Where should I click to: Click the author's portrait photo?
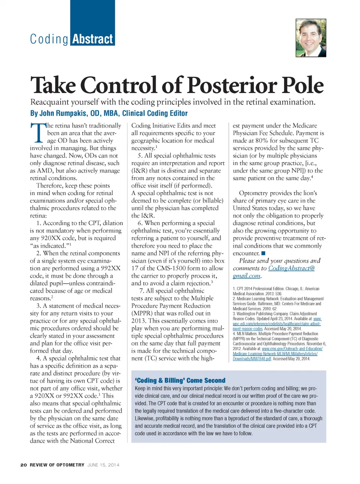click(310, 38)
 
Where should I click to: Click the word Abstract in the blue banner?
click(93, 39)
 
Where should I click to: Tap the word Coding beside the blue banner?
click(49, 39)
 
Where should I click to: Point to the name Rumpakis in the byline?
click(73, 113)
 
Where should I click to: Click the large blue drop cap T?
click(38, 133)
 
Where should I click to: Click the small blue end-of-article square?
click(263, 253)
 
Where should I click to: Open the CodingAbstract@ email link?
click(291, 268)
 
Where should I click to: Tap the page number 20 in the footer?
click(24, 465)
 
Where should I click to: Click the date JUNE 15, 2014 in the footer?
click(103, 465)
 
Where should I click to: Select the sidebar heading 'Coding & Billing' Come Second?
click(180, 380)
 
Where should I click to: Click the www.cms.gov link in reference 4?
click(292, 349)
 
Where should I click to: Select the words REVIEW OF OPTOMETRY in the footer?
click(57, 465)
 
